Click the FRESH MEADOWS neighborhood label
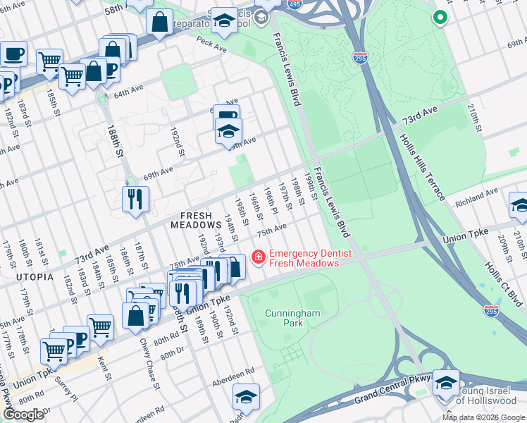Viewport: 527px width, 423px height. [x=196, y=223]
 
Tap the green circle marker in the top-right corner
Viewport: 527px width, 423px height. [x=441, y=18]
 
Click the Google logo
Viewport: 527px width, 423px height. [x=23, y=415]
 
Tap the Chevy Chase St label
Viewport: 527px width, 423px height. [x=150, y=362]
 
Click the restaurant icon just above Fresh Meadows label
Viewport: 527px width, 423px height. [x=135, y=199]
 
